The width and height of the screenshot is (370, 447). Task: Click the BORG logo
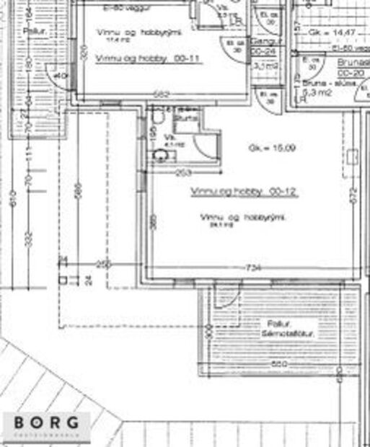pyautogui.click(x=50, y=424)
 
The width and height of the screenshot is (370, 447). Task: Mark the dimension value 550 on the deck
pyautogui.click(x=280, y=364)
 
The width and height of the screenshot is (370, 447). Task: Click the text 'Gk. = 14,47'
pyautogui.click(x=322, y=33)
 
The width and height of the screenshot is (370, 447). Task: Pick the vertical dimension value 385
pyautogui.click(x=152, y=223)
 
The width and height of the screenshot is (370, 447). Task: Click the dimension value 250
pyautogui.click(x=103, y=265)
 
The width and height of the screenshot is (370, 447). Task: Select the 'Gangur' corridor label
pyautogui.click(x=260, y=42)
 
